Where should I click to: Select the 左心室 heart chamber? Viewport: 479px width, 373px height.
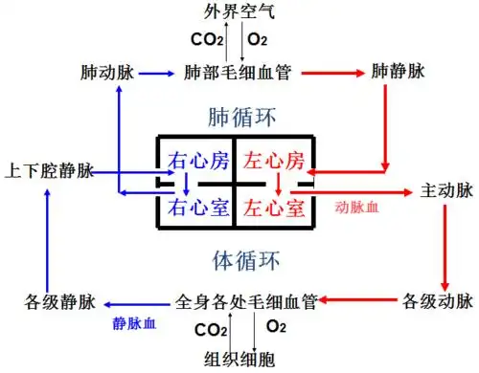[x=274, y=207]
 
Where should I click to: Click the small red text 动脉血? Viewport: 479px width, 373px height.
[x=356, y=207]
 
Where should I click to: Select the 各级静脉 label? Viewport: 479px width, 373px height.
[x=56, y=302]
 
